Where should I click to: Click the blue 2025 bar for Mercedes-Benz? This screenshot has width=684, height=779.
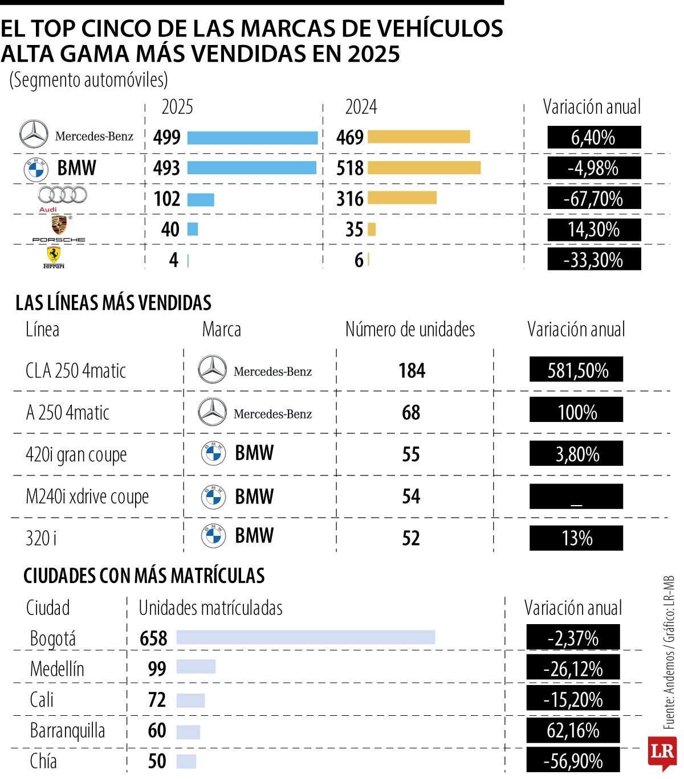(252, 137)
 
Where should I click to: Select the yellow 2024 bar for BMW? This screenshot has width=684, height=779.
(424, 168)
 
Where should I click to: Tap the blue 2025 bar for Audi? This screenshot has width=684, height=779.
(201, 199)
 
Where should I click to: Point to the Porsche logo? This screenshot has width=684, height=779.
(59, 228)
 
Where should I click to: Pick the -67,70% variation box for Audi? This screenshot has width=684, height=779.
(594, 199)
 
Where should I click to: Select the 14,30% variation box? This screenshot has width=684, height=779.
(594, 229)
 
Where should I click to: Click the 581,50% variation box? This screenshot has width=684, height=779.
(576, 370)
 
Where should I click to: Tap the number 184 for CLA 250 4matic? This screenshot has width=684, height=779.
(412, 371)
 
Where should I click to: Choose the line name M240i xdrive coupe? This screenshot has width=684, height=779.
(87, 497)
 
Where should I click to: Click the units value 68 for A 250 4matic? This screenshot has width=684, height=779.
(411, 412)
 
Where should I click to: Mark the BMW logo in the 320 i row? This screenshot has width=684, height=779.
(213, 536)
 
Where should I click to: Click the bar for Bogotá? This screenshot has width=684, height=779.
(306, 637)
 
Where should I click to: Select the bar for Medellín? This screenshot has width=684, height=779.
(196, 667)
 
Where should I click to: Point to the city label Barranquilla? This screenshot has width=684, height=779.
(67, 731)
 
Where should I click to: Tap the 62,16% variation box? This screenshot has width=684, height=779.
(573, 730)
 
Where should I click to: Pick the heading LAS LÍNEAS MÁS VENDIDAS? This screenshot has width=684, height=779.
(113, 303)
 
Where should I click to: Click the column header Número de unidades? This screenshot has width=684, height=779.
(410, 329)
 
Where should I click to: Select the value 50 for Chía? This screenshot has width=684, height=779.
(157, 761)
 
